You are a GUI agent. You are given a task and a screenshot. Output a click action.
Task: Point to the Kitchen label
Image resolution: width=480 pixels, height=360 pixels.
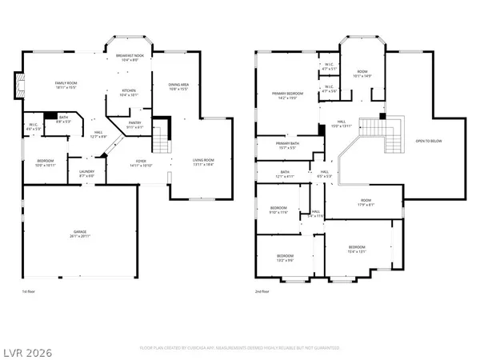pyautogui.click(x=129, y=92)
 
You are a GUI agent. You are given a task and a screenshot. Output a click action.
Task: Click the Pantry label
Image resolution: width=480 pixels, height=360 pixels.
pyautogui.click(x=135, y=125)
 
